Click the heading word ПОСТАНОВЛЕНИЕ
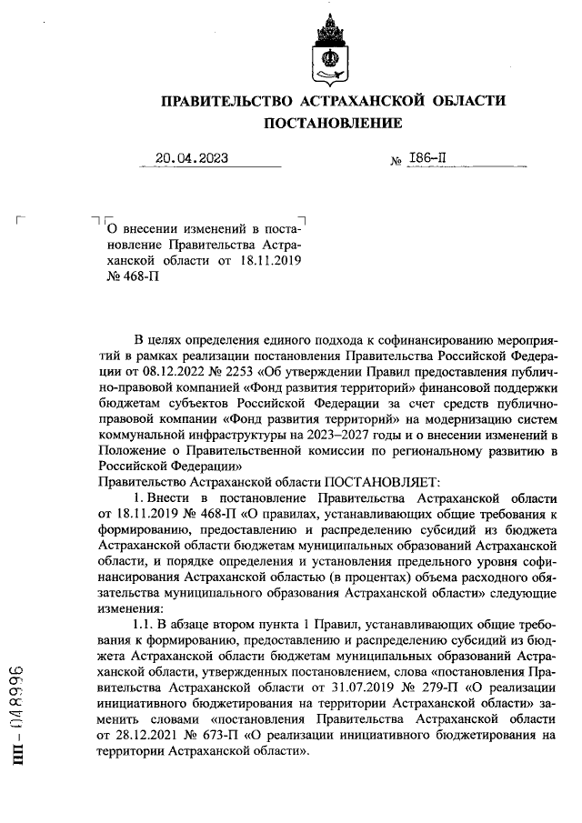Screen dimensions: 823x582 [x=331, y=123]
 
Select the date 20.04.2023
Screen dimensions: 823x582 [x=191, y=158]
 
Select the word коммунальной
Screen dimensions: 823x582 [x=138, y=435]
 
